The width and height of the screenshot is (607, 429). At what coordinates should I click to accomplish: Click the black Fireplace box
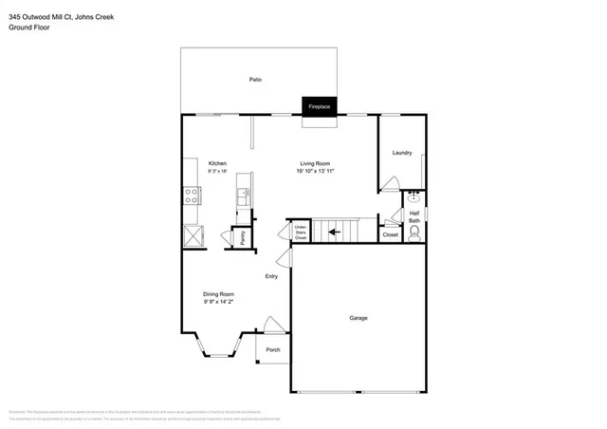[x=319, y=106]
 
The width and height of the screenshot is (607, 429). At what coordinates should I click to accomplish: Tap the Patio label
[x=255, y=80]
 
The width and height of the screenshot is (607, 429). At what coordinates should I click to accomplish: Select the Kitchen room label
[x=217, y=163]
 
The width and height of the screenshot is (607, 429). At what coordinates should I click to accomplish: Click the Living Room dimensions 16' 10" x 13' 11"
[x=316, y=171]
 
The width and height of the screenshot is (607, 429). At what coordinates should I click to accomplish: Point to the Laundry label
[x=402, y=152]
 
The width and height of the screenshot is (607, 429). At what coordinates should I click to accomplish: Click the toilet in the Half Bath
[x=414, y=232]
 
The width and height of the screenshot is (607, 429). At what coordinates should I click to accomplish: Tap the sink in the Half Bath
[x=414, y=198]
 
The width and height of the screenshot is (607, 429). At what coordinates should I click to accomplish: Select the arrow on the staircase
[x=332, y=229]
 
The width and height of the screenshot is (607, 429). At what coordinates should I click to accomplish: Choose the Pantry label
[x=242, y=239]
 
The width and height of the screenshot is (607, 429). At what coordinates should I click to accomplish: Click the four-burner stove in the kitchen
[x=191, y=197]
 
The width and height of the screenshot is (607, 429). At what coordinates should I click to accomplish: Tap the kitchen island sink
[x=244, y=197]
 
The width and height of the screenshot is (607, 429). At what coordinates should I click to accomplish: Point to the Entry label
[x=271, y=276]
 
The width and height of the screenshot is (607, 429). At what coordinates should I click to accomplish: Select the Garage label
[x=358, y=318]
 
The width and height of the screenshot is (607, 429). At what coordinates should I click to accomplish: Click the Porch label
[x=272, y=349]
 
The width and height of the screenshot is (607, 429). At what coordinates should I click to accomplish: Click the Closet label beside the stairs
[x=390, y=233]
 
